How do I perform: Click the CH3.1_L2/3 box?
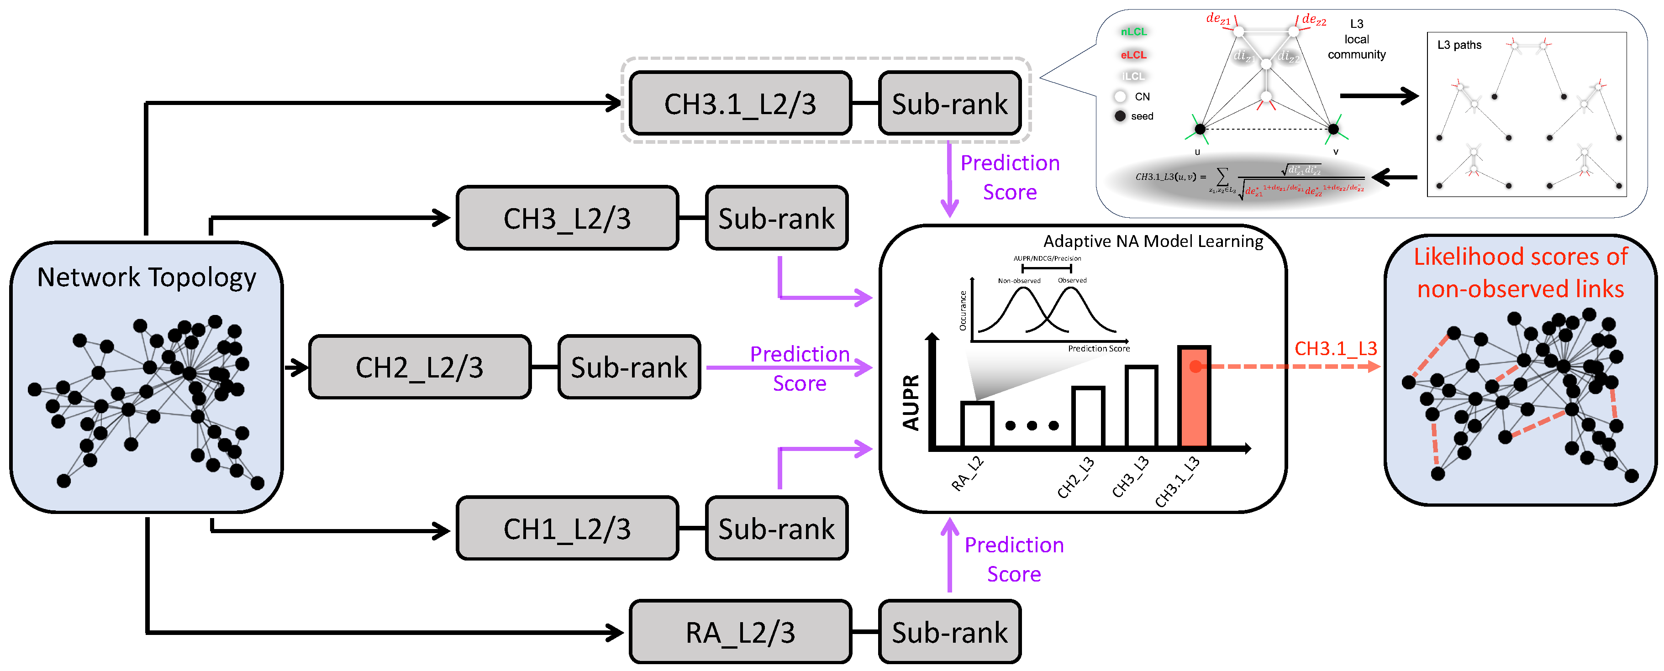740,103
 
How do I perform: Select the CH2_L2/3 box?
420,367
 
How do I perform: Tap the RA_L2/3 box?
740,632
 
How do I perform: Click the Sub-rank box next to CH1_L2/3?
776,528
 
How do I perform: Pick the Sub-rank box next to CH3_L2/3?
776,218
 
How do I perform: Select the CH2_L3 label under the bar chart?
1075,478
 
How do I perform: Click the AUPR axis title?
911,402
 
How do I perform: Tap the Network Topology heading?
147,277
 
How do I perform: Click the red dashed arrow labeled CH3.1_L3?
1292,366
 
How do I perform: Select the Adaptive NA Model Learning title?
1153,241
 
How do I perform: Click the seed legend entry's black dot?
1120,116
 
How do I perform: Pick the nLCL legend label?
1134,31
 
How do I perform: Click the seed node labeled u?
1200,129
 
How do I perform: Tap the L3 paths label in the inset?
1459,45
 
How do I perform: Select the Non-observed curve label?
1019,281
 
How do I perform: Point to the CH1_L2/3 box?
567,528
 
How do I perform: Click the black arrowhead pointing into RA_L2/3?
615,632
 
